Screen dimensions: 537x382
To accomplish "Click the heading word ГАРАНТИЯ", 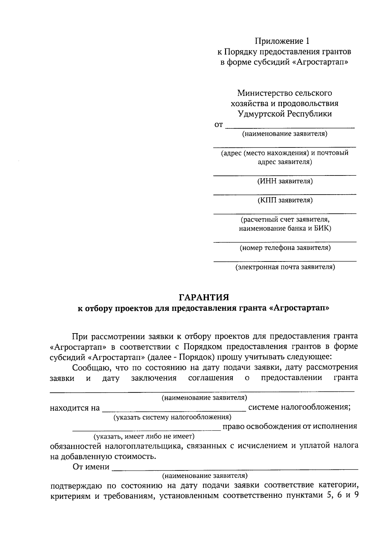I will (204, 297).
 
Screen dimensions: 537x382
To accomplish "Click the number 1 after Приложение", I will (307, 41).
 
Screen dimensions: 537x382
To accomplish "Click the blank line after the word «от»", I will (290, 127).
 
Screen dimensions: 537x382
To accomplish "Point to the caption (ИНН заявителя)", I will (285, 181).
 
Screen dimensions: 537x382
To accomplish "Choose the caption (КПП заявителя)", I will (285, 200).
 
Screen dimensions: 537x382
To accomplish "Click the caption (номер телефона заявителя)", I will (285, 247).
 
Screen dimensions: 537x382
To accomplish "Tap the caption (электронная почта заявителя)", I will (285, 267).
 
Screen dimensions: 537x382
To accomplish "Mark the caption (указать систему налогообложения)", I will (172, 417).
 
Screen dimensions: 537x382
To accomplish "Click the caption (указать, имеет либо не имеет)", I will (144, 436).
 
